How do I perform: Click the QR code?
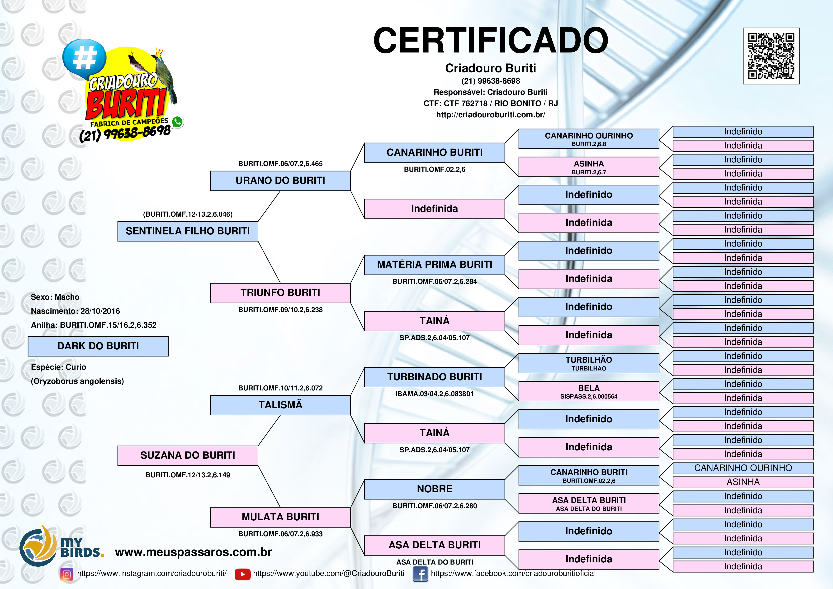click(771, 56)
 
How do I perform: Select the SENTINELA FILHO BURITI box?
click(188, 231)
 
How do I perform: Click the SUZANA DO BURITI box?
click(188, 456)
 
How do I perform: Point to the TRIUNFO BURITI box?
click(280, 293)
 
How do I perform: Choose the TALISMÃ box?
click(280, 405)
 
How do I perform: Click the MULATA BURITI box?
click(280, 517)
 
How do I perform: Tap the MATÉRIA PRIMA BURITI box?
click(434, 265)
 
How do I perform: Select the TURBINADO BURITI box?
click(434, 377)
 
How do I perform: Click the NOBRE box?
click(434, 489)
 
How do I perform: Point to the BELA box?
click(589, 391)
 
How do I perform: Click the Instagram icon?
click(66, 574)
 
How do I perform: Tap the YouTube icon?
click(242, 574)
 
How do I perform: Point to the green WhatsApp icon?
click(177, 122)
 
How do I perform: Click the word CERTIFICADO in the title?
click(491, 40)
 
